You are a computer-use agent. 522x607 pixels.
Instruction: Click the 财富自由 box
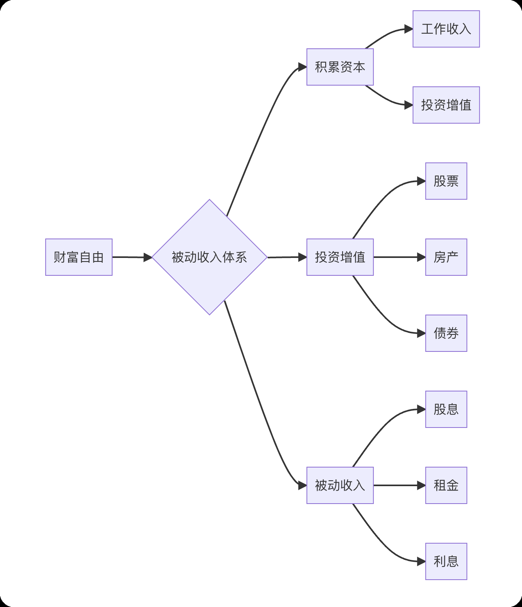[79, 257]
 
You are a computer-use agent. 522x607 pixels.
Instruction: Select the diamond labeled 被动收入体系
[209, 257]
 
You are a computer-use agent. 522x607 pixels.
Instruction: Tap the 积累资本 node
[340, 67]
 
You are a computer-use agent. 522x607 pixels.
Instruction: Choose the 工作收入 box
[446, 29]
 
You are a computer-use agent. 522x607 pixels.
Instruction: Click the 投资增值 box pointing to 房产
[340, 257]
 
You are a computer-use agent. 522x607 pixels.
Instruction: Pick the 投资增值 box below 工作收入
[446, 105]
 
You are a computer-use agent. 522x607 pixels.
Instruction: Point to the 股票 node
[446, 181]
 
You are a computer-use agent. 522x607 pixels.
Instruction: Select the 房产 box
[446, 257]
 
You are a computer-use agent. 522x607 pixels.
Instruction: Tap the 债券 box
[446, 333]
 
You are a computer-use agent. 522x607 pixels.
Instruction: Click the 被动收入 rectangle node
[340, 485]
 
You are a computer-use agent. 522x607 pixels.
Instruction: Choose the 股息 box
[446, 409]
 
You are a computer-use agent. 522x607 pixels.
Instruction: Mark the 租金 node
[446, 485]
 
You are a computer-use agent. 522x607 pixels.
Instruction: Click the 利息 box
[446, 561]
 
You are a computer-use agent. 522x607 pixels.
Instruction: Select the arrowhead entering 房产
[421, 257]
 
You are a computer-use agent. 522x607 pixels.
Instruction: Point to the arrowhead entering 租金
[421, 485]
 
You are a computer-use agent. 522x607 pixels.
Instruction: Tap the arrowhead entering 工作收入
[409, 29]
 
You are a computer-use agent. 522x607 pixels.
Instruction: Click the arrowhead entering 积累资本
[303, 67]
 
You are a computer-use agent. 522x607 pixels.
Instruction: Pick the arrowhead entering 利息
[421, 561]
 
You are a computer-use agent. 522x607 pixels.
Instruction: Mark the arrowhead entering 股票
[421, 181]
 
